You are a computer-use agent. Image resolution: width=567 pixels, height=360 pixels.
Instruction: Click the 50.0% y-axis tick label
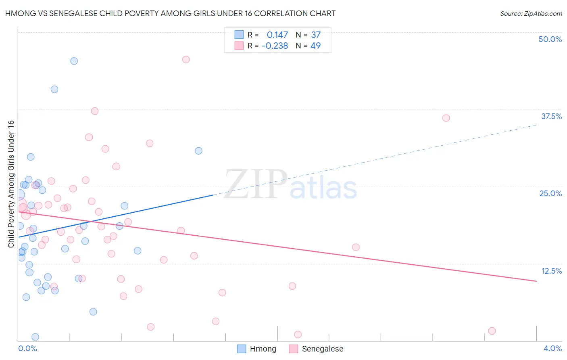(550, 39)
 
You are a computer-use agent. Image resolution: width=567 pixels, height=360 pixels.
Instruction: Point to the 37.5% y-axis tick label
(551, 116)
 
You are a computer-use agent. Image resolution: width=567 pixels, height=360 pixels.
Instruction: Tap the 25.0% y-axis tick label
(550, 193)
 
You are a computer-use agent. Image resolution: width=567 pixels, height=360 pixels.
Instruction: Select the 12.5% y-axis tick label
(551, 271)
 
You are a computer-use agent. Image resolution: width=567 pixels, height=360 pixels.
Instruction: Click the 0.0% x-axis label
(27, 348)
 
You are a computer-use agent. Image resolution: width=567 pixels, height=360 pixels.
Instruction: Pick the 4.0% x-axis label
(552, 348)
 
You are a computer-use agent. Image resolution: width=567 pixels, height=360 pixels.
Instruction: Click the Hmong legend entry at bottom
(257, 349)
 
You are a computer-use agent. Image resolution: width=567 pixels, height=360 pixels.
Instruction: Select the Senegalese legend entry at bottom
(317, 349)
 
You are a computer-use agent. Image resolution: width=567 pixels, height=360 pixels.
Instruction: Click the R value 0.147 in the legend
(277, 35)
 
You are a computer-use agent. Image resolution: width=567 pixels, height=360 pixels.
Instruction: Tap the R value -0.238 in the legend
(275, 46)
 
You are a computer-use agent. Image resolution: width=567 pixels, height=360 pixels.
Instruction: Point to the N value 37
(315, 35)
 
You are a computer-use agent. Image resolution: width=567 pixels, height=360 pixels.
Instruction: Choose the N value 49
(315, 46)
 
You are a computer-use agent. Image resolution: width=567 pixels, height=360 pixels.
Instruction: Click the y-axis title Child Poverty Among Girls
(11, 184)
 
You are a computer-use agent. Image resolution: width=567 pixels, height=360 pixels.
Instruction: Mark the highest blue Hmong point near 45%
(74, 61)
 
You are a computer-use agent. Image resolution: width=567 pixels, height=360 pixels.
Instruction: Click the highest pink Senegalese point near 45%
(186, 59)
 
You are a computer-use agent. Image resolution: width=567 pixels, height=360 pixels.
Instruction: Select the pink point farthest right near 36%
(446, 118)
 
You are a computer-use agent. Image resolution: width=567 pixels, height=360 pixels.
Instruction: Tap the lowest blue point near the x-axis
(35, 337)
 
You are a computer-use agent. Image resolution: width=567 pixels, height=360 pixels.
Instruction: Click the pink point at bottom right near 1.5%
(492, 331)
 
